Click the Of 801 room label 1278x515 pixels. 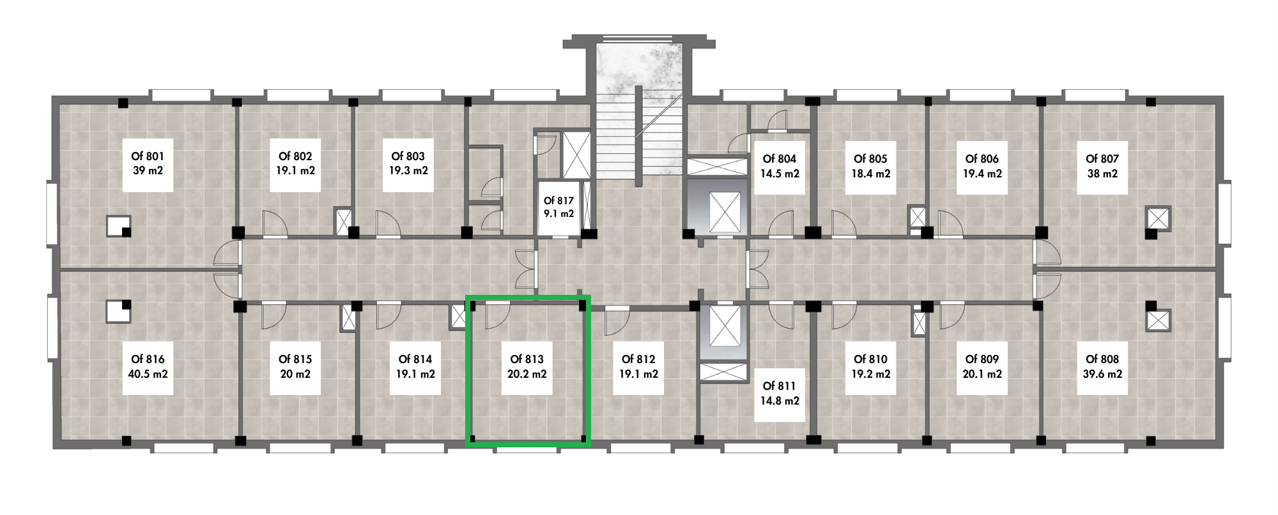coord(148,156)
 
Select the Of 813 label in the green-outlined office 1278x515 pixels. coord(527,359)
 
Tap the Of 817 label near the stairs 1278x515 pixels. coord(559,201)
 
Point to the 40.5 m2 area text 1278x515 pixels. coord(148,374)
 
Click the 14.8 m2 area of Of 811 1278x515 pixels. coord(780,401)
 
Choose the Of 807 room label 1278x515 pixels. coord(1102,158)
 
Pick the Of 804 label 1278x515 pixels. coord(780,158)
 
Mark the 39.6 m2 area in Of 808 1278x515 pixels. coord(1102,374)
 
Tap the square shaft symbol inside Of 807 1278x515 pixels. coord(1158,218)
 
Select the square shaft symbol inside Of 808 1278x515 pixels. coord(1158,320)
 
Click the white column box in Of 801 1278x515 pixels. coord(118,225)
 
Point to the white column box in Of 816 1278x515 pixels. coord(118,311)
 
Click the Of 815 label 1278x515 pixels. coord(295,359)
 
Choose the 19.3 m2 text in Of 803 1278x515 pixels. coord(408,171)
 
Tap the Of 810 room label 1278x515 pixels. coord(870,359)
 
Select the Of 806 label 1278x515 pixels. coord(982,158)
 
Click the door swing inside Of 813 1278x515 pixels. coord(497,315)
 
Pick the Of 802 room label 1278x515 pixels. coord(295,156)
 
